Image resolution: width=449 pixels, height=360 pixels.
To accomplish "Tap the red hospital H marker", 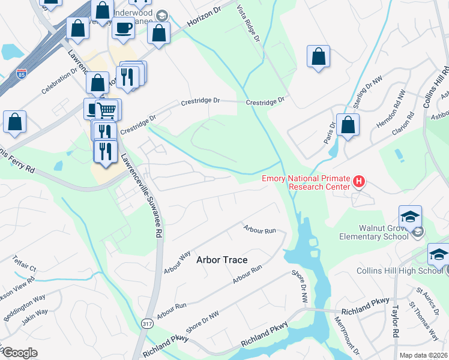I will (x=359, y=181).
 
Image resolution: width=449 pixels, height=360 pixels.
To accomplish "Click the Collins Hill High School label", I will (x=408, y=271).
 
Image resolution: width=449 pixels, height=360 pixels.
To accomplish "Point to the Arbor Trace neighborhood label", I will (x=222, y=260).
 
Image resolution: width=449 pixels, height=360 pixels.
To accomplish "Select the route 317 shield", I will (x=147, y=323).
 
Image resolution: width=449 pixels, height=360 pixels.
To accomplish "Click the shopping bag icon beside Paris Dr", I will (x=348, y=125).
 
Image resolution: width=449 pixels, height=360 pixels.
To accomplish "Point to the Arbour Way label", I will (x=177, y=262).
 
